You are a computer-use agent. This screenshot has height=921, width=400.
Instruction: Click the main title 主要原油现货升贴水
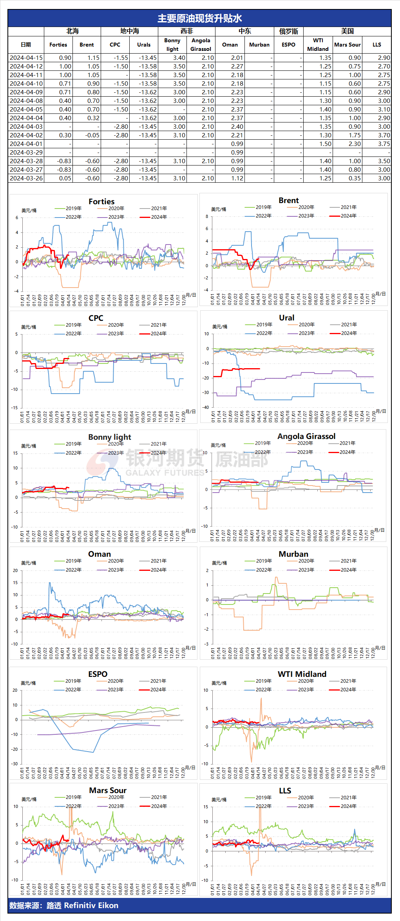click(x=200, y=18)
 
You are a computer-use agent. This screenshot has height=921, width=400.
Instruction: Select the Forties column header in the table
click(x=58, y=45)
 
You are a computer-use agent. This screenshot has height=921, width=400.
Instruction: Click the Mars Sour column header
click(x=347, y=45)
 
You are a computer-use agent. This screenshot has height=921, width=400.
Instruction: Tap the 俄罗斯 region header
click(x=288, y=31)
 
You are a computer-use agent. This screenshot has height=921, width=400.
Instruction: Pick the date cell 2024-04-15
click(x=26, y=58)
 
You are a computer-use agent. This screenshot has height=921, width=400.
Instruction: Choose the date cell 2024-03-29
click(x=26, y=152)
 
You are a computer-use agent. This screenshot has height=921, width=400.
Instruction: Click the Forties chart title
click(x=101, y=201)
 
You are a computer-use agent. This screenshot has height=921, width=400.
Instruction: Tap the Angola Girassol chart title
click(x=306, y=436)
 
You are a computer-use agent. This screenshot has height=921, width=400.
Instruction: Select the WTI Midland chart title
click(x=302, y=674)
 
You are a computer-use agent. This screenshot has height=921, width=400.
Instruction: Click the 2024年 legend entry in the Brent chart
click(x=348, y=216)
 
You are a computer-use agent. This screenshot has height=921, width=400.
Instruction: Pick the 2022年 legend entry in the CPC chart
click(x=73, y=334)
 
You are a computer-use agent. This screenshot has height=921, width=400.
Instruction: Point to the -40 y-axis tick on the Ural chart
click(x=206, y=407)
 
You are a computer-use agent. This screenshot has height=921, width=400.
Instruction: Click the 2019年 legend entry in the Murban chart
click(x=264, y=561)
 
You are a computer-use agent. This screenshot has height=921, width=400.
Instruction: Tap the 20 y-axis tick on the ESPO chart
click(x=15, y=690)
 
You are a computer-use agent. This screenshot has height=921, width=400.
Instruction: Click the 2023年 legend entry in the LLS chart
click(x=306, y=806)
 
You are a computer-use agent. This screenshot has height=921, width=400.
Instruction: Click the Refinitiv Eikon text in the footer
click(x=91, y=905)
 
